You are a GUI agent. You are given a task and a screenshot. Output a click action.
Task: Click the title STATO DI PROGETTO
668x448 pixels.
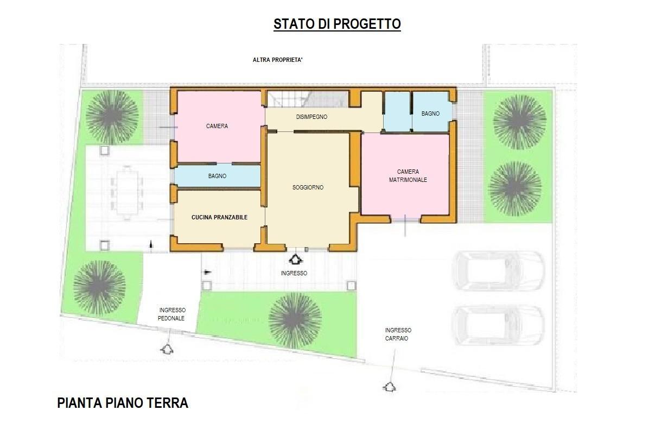coord(337,24)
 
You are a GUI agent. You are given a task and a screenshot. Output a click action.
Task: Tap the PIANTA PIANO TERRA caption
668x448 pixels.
coord(123,403)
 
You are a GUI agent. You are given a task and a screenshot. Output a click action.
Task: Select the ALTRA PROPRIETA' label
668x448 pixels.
coord(277,60)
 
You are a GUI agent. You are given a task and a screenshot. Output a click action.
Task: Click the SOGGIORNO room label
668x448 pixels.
coord(308,187)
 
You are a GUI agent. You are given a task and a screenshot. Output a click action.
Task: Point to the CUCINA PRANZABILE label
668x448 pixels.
coord(219,217)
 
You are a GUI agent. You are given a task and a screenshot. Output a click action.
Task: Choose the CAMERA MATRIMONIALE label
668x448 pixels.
coord(408,175)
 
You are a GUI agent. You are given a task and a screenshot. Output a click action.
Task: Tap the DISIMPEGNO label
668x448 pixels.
coord(311,117)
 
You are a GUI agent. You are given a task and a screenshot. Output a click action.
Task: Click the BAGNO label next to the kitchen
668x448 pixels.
coord(217,176)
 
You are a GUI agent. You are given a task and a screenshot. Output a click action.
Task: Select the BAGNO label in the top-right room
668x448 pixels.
coord(430,113)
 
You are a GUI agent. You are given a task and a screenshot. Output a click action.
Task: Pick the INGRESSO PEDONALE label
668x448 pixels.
coord(172,314)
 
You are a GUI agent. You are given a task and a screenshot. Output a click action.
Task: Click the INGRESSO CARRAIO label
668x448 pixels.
coord(398,334)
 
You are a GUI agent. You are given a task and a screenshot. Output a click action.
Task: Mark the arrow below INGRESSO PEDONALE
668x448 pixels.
coord(167,348)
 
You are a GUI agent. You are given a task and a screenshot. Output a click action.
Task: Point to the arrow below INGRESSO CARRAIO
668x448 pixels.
coord(389,386)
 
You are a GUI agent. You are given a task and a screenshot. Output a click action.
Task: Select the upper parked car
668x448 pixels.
coord(498,270)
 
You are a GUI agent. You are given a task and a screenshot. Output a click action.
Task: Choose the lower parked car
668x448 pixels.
coord(498,325)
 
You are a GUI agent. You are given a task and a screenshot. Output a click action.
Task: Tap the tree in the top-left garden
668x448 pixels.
coord(111,116)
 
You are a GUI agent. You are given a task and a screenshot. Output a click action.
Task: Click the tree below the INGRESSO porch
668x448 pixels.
coord(295,319)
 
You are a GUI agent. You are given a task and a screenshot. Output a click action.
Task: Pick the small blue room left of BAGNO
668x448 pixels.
coord(397,112)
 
